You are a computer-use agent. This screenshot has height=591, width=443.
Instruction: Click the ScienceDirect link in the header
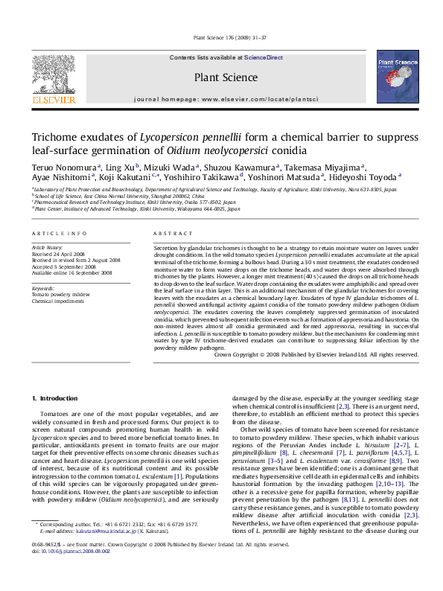click(264, 57)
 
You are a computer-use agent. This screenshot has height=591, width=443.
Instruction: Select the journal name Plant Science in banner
click(220, 76)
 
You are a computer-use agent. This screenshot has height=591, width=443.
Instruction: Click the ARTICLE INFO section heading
click(59, 233)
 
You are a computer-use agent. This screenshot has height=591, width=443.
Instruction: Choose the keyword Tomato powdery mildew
click(61, 294)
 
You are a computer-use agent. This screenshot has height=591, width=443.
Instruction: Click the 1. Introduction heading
click(53, 400)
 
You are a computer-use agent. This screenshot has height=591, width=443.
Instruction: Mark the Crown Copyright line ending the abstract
click(316, 355)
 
